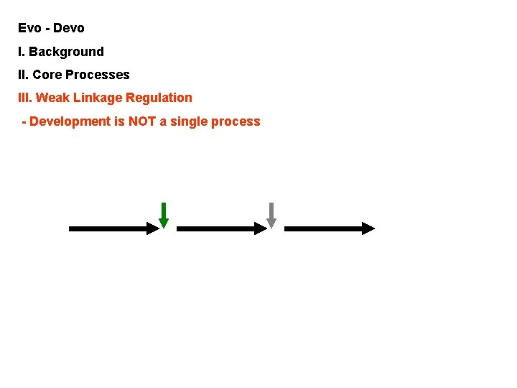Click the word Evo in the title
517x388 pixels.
coord(30,29)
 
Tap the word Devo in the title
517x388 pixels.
coord(69,29)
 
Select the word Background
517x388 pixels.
coord(66,52)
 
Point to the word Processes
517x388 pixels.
coord(98,75)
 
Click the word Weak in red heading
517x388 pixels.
coord(52,98)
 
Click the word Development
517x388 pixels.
coord(70,121)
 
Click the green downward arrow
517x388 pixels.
coord(164,215)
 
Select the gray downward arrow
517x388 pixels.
coord(271,215)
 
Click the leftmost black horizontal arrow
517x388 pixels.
coord(113,228)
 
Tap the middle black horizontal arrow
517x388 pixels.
coord(221,228)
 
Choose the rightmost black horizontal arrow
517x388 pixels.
coord(329,228)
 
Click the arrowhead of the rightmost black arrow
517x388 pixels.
coord(368,228)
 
